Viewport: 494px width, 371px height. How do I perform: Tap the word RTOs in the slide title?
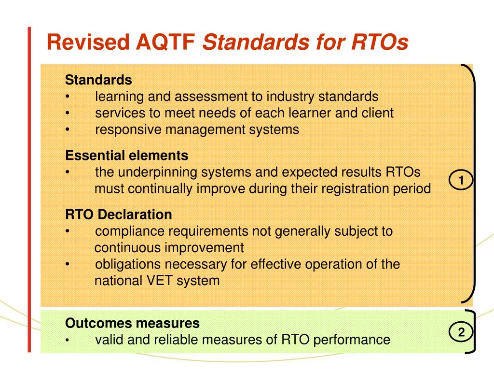[x=378, y=42]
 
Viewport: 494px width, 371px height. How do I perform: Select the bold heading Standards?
[x=98, y=79]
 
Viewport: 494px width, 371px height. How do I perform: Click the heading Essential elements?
[x=127, y=156]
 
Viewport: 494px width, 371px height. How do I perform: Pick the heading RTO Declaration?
[x=119, y=214]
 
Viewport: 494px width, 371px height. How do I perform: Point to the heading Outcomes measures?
[x=132, y=323]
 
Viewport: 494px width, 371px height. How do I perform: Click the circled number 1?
[x=461, y=181]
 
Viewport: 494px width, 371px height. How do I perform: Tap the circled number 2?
[x=461, y=332]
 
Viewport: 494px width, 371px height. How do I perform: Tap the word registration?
[x=341, y=188]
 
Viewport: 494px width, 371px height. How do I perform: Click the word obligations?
[x=126, y=264]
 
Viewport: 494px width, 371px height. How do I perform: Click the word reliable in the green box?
[x=177, y=340]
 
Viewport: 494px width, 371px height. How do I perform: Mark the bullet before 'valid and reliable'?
[x=68, y=340]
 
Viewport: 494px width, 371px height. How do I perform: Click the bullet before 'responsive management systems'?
[x=68, y=130]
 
